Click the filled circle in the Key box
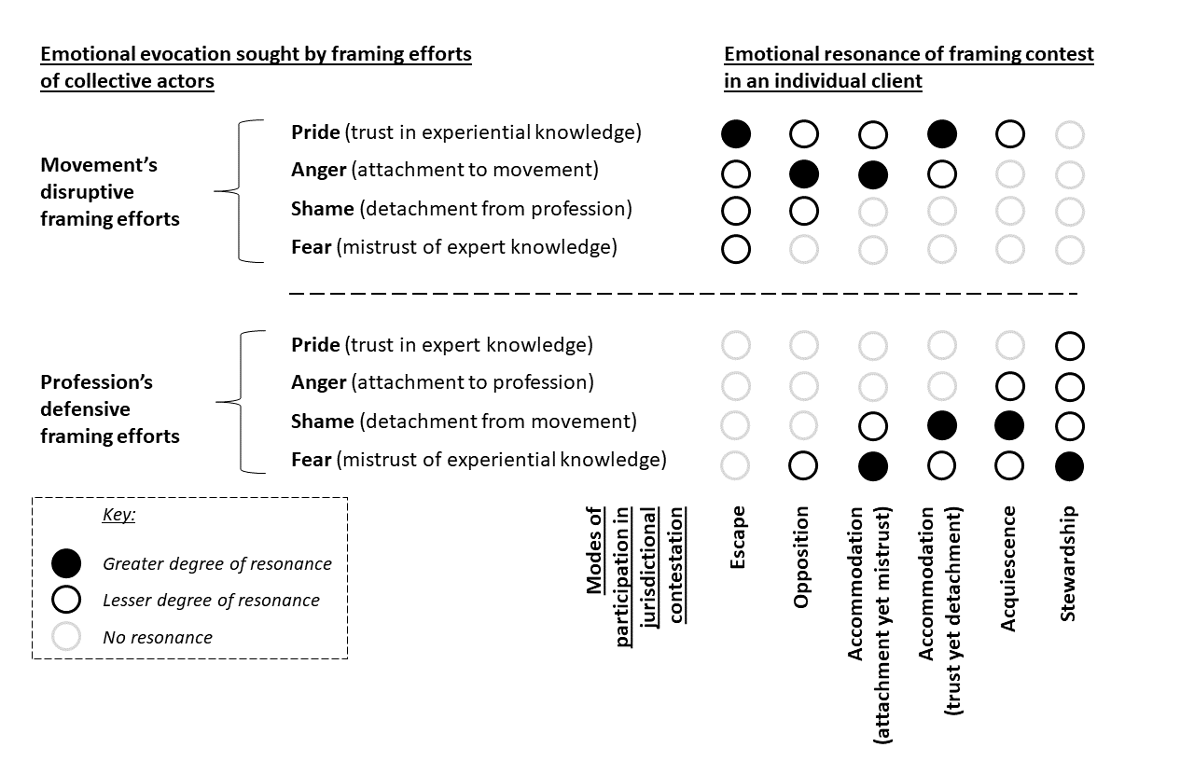point(67,564)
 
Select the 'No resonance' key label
point(158,638)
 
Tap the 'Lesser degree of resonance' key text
point(211,601)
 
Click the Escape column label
point(738,537)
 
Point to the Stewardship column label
point(1069,562)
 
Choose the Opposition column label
point(800,557)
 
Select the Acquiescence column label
point(1008,568)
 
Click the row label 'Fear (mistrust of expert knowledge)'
point(454,247)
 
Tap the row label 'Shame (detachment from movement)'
point(464,422)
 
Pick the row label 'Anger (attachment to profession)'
point(442,382)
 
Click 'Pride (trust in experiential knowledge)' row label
point(466,132)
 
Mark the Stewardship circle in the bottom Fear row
point(1070,464)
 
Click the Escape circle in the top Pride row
point(736,134)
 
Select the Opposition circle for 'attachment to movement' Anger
point(804,173)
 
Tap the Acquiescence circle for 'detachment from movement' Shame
point(1009,426)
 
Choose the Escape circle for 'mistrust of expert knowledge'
point(736,249)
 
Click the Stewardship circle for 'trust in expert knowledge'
point(1070,346)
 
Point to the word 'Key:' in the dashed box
point(118,515)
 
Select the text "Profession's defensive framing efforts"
point(110,408)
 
